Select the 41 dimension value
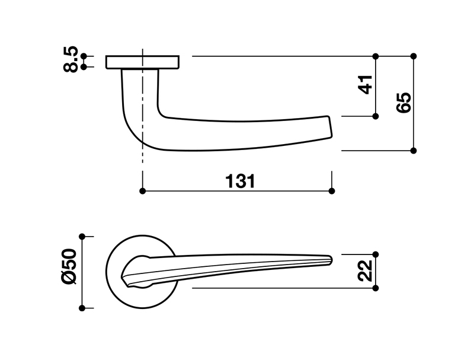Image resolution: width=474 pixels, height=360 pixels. (x=366, y=84)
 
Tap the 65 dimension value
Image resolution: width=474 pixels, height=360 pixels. (x=405, y=103)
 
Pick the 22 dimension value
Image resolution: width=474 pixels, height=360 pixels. (x=366, y=270)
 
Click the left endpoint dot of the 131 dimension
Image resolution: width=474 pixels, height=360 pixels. (x=142, y=191)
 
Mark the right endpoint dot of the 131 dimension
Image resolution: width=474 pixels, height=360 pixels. (x=331, y=191)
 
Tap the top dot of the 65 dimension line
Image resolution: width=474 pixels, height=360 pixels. (x=414, y=56)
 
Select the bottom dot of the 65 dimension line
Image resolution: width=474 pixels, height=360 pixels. (x=414, y=151)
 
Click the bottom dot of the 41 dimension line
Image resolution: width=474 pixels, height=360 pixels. (x=376, y=116)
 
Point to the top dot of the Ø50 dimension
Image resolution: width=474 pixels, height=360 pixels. (x=83, y=235)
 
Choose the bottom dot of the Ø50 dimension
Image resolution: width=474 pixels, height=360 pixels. (x=83, y=308)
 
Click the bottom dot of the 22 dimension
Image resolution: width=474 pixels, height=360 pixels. (x=376, y=288)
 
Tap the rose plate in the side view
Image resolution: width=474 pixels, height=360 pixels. (x=143, y=62)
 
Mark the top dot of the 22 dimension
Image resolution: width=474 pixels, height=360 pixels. (x=376, y=254)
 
